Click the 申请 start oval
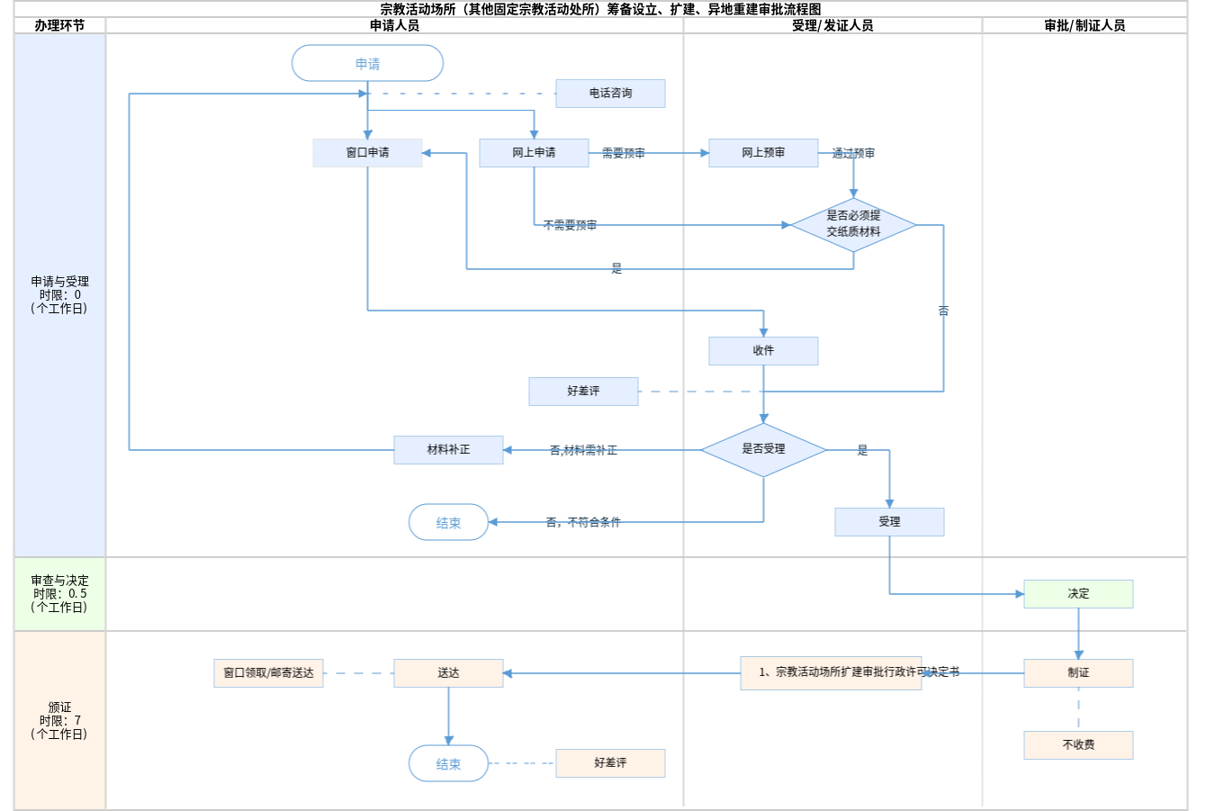click(x=367, y=64)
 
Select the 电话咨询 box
click(x=610, y=94)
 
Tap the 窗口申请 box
click(x=367, y=153)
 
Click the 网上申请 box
click(x=534, y=153)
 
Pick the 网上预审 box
click(x=763, y=153)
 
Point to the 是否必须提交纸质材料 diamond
click(x=853, y=224)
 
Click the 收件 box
click(x=763, y=351)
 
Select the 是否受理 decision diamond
click(x=763, y=449)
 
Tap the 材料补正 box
click(x=448, y=450)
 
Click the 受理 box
click(x=889, y=522)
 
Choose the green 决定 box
click(x=1078, y=594)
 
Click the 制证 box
click(x=1078, y=673)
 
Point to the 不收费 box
click(x=1078, y=745)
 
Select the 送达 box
click(x=448, y=673)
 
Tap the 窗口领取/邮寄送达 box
click(x=268, y=673)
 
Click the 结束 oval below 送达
click(x=448, y=763)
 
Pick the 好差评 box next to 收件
click(x=583, y=392)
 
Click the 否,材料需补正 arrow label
click(x=583, y=450)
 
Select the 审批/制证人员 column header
click(x=1084, y=25)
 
